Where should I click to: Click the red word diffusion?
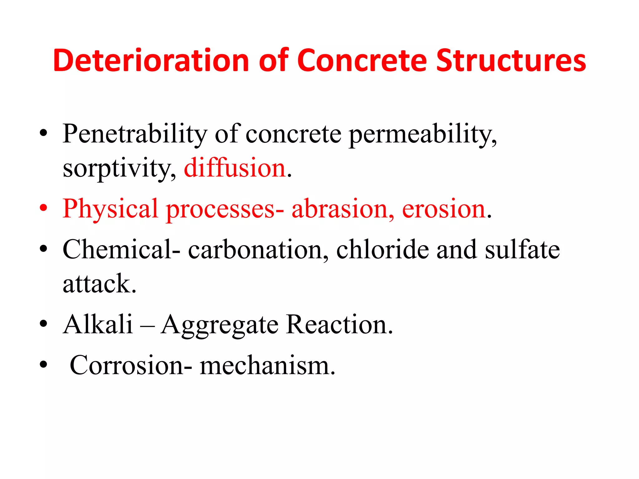pos(235,168)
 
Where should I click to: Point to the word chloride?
pos(383,249)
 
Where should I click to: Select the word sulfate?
pos(522,249)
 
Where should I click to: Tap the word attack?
pos(99,284)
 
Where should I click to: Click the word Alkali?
pos(98,325)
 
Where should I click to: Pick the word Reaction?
pos(339,325)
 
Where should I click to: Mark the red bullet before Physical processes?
pos(43,208)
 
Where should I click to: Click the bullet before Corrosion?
pos(43,364)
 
